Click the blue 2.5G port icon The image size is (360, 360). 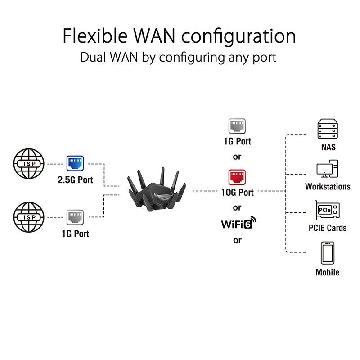click(75, 163)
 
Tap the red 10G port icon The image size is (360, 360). click(237, 178)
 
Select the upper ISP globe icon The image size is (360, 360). click(29, 164)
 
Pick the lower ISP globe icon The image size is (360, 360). click(29, 217)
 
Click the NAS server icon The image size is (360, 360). click(327, 129)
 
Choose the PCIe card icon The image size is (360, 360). click(327, 211)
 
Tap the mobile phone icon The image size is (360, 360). click(327, 253)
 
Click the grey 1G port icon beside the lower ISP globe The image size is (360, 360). click(75, 217)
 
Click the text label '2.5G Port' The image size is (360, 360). click(75, 180)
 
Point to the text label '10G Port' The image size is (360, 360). click(237, 193)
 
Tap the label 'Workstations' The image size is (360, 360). click(327, 186)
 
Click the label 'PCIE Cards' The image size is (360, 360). click(327, 228)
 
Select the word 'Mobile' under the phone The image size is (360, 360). click(327, 272)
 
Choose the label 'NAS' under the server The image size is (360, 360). click(327, 147)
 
